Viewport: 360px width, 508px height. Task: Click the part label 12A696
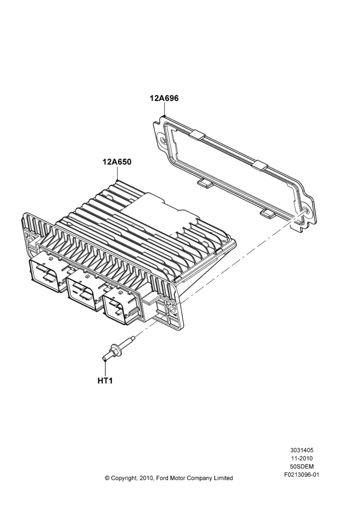click(x=164, y=98)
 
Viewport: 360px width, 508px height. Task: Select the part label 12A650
click(x=117, y=162)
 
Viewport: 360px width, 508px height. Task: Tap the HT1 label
click(x=105, y=380)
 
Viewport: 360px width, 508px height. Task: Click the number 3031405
click(x=302, y=450)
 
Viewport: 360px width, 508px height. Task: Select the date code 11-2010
click(x=302, y=458)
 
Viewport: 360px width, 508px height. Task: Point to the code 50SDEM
click(x=302, y=466)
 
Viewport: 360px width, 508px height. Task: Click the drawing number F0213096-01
click(x=302, y=475)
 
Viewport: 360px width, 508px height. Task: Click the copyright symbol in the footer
click(x=107, y=478)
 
